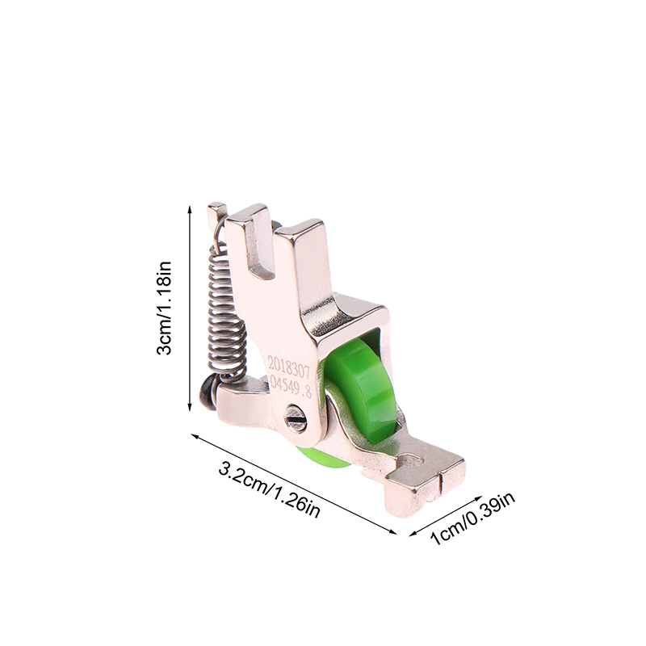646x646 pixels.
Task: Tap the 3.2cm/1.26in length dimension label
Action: [270, 490]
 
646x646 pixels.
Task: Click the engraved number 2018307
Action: [287, 366]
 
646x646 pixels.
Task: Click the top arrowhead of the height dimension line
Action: [190, 210]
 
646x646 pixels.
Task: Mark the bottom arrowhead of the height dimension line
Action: [190, 407]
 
